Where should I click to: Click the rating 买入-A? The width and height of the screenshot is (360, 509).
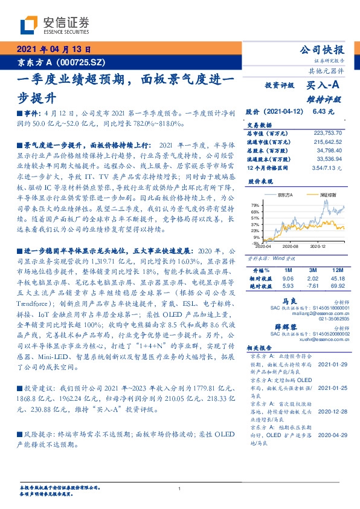(322, 86)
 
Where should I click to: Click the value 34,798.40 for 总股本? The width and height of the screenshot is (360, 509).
(330, 148)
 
